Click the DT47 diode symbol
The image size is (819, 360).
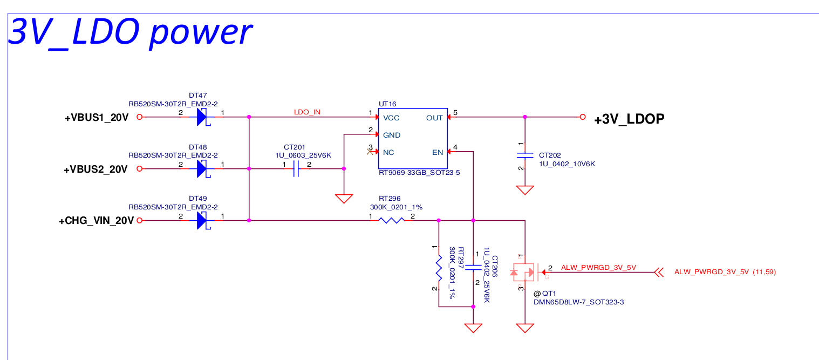202,117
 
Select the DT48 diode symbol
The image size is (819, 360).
202,168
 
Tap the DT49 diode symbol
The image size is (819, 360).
202,220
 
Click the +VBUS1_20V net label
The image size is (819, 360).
97,118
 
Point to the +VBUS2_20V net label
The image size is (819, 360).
95,169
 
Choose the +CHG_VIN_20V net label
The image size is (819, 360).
96,221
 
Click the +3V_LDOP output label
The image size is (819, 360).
629,120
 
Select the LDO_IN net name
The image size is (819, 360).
307,112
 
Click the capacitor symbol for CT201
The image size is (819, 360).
296,169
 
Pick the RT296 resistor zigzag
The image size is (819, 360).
391,220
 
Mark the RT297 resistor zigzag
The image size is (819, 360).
439,268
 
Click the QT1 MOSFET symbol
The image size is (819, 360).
523,272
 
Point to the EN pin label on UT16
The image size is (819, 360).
437,152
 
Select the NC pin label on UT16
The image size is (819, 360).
388,152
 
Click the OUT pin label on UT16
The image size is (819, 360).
434,118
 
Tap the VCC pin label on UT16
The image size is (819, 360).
391,118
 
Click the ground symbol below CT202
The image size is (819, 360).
524,189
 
